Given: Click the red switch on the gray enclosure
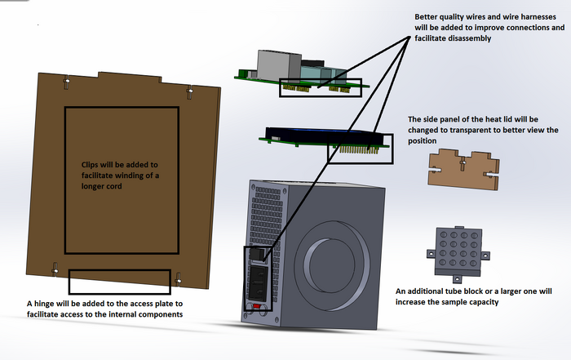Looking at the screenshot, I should (x=259, y=308).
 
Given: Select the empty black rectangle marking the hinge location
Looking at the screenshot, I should (x=119, y=282).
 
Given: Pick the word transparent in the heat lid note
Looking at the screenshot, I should (x=473, y=130).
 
